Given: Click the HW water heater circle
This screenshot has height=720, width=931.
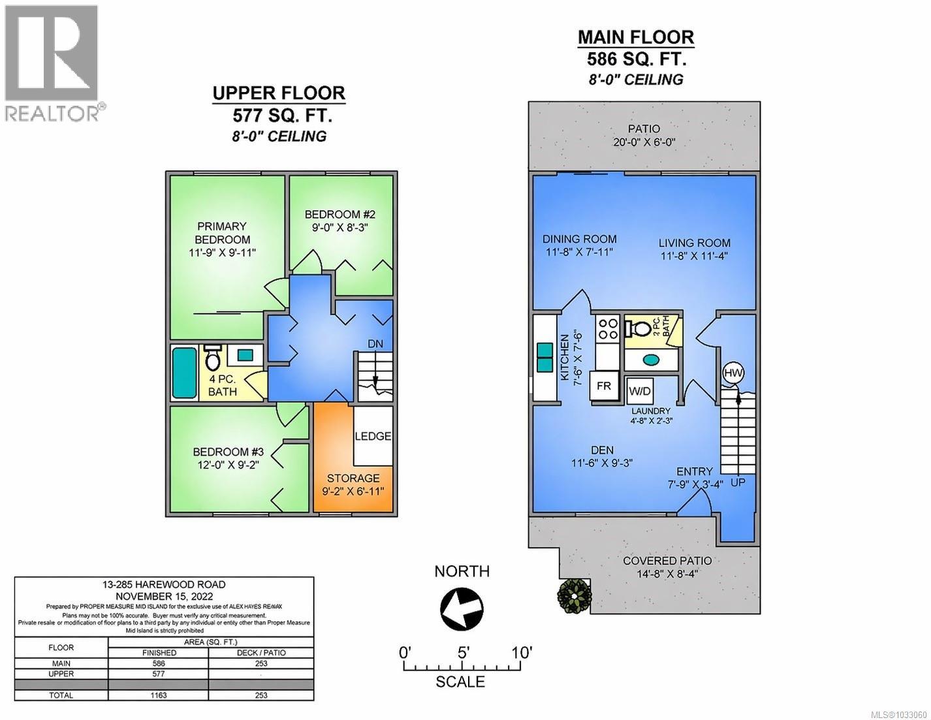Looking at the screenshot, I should (734, 373).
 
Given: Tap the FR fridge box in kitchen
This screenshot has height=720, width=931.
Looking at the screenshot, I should (604, 386).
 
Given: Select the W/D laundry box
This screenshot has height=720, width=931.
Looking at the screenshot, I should (639, 391).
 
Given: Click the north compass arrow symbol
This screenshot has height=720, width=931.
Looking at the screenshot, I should (462, 609).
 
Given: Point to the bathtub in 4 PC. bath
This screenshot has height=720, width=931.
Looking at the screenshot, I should (184, 373).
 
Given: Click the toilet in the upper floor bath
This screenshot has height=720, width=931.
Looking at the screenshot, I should (212, 357).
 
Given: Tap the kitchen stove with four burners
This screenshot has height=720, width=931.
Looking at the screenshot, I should (607, 328).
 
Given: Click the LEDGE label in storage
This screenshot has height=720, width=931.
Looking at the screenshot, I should (373, 436).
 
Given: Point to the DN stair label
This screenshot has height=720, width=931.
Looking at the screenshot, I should (375, 343).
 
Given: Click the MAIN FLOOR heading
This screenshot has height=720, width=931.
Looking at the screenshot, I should (635, 37).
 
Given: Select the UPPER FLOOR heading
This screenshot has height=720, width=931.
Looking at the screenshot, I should (279, 94).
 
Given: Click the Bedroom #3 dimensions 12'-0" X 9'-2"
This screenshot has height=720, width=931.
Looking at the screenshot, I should (228, 465).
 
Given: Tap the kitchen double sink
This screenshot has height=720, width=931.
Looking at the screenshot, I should (544, 357).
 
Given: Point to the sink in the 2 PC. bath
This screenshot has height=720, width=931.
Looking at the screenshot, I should (650, 360).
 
